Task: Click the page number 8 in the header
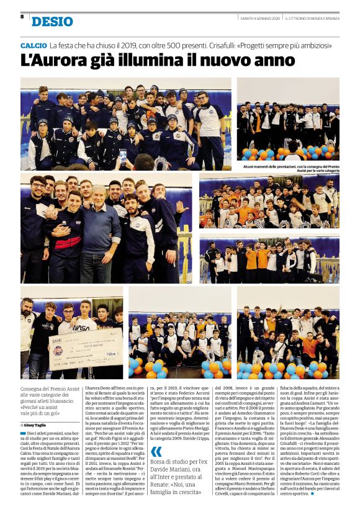[x=22, y=17]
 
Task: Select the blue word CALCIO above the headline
[x=33, y=47]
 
